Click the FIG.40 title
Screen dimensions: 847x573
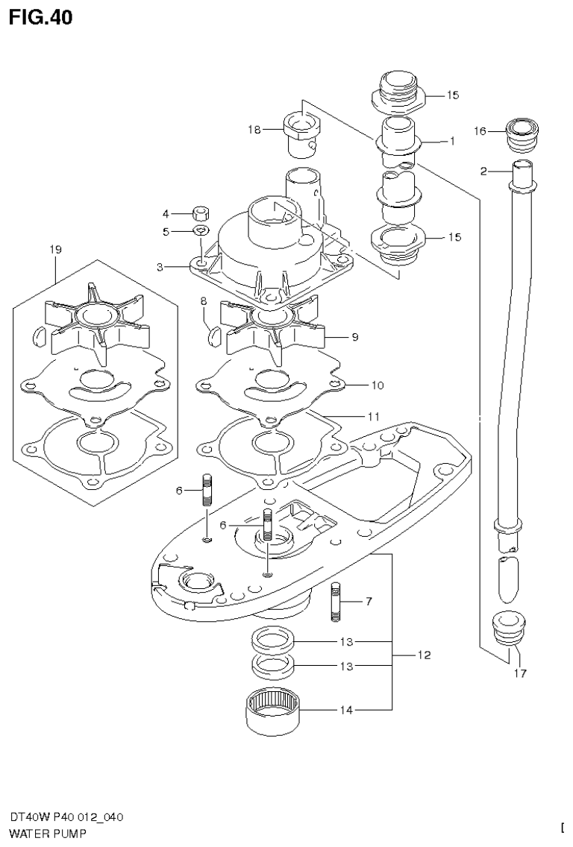point(41,17)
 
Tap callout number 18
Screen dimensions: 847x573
point(254,130)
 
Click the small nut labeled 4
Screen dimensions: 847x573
point(200,212)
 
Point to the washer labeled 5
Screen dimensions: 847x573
point(199,231)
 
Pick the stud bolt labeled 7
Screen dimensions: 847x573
point(335,602)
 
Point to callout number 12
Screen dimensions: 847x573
point(423,655)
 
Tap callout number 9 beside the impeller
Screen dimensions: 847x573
point(355,337)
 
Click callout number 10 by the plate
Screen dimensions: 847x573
point(377,385)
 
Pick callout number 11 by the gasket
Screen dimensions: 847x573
point(373,415)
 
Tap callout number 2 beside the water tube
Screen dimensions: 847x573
point(483,171)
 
